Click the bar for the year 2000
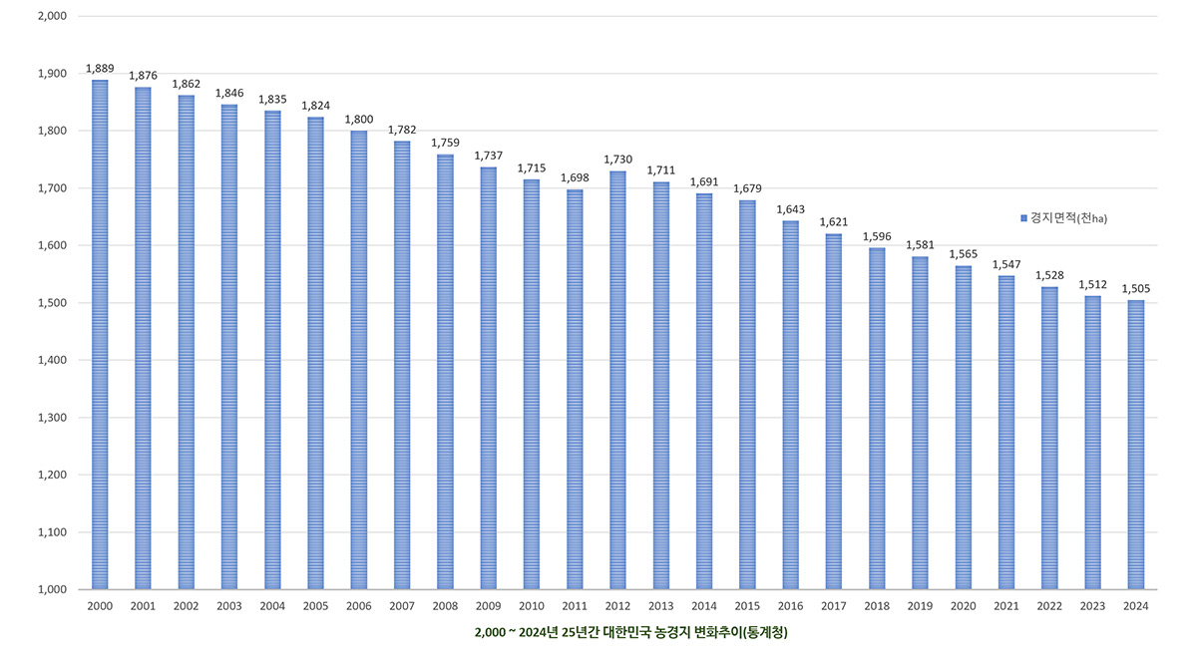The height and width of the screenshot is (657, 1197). point(100,335)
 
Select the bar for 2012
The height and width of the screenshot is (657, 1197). point(618,380)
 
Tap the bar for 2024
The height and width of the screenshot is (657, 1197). point(1136,445)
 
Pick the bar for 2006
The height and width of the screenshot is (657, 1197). point(359,360)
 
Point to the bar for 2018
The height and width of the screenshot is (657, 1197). point(877,419)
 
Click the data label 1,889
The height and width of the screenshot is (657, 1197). point(100,69)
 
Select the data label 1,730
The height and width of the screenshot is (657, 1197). point(618,161)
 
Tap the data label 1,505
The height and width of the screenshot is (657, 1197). point(1136,289)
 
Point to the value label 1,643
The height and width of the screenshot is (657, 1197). point(791,210)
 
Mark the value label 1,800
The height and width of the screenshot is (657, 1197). point(359,120)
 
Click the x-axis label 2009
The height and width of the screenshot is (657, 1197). point(489,606)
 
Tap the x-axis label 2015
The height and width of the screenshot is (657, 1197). point(747,606)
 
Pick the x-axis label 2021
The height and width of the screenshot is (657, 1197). point(1006,606)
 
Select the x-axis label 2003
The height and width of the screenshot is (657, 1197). point(229,606)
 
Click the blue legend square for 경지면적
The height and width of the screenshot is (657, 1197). point(1023,218)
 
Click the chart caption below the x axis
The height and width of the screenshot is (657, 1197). point(624,632)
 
